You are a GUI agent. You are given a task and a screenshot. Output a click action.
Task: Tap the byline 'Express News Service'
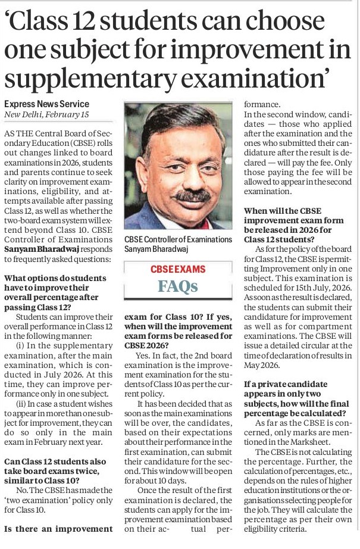46,104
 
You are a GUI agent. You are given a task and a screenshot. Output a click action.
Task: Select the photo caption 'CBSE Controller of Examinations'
178,239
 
